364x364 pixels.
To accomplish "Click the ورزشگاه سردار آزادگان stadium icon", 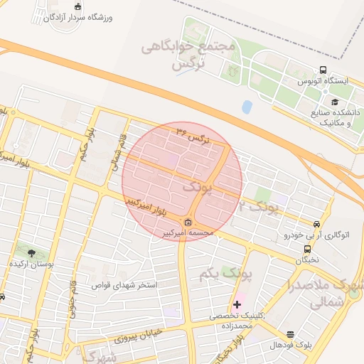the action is click(x=78, y=6).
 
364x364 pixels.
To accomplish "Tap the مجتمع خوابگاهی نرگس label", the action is click(x=188, y=55).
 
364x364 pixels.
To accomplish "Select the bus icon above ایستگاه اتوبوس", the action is click(x=323, y=70).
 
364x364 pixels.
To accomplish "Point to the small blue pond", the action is click(x=247, y=107).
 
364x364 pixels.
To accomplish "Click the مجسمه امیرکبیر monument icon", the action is click(x=188, y=222).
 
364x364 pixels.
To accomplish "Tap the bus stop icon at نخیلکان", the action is click(x=307, y=250).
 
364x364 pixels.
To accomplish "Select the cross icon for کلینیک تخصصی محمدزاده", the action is click(x=237, y=304).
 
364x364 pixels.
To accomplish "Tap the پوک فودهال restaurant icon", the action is click(x=290, y=334).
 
